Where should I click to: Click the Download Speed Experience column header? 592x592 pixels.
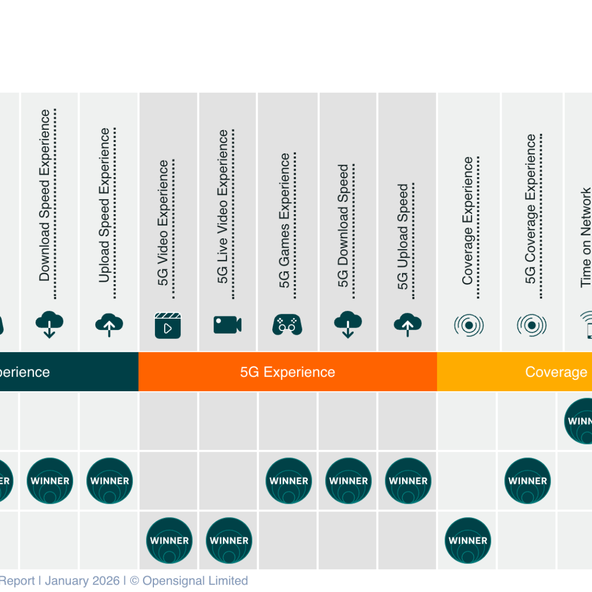point(45,195)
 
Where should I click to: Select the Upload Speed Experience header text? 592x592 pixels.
point(104,205)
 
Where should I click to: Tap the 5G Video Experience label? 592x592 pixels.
point(163,222)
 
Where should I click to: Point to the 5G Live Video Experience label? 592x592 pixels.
point(222,207)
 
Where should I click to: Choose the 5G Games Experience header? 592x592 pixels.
point(285,220)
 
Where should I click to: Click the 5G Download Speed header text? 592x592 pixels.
point(343,225)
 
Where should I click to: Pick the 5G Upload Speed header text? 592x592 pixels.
point(403,237)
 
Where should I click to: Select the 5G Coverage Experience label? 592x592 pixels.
point(531,209)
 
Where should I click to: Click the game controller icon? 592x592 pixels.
point(287,325)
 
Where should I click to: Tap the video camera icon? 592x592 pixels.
point(227,325)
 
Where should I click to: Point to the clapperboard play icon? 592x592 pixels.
point(168,325)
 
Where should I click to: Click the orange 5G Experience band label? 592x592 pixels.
point(288,372)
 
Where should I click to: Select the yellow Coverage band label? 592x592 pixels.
point(556,372)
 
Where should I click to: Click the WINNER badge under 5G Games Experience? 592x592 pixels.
point(289,481)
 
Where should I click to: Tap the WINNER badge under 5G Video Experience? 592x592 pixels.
point(169,540)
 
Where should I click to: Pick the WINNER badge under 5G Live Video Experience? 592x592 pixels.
point(229,540)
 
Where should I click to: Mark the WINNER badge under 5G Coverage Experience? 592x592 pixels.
point(527,481)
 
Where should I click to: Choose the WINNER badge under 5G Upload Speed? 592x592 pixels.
point(408,481)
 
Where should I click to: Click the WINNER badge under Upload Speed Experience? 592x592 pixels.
point(110,481)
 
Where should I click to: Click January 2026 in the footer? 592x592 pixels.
point(82,581)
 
